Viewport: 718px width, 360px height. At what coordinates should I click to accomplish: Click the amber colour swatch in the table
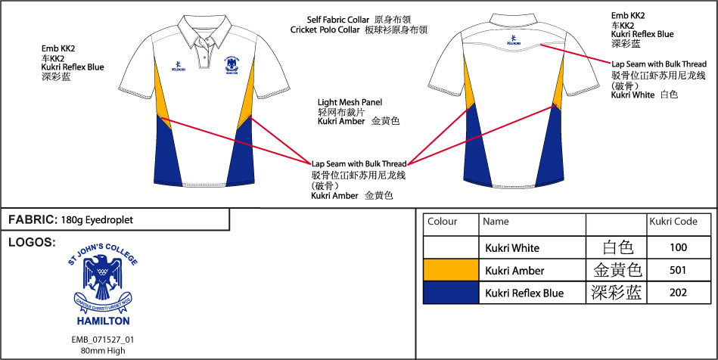point(450,270)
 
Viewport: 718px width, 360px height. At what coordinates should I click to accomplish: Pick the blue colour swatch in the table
point(450,293)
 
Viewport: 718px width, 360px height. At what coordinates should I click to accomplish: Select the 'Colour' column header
point(443,222)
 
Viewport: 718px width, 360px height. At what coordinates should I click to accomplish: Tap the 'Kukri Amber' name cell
point(514,270)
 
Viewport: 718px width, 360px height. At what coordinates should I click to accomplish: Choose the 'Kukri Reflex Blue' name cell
point(524,293)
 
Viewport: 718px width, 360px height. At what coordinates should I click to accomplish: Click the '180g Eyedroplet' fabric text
point(99,220)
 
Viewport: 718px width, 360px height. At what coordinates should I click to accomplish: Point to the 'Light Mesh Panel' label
point(350,102)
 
